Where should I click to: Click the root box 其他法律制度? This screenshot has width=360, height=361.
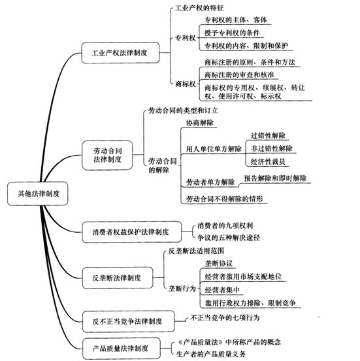coord(38,194)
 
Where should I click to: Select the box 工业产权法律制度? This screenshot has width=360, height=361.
coord(120,53)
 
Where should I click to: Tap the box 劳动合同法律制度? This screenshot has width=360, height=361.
coord(107,155)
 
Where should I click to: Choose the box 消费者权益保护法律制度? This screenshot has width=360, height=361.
coord(131,232)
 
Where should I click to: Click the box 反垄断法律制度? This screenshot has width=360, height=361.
coord(118,278)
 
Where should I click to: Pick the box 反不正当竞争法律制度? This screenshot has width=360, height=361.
coord(128,321)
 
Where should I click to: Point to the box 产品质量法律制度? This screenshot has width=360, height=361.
coord(122,349)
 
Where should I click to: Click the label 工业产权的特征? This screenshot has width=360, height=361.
coord(199,8)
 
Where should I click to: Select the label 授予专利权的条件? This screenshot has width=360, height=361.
coord(232,33)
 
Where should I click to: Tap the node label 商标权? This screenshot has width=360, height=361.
coord(186,84)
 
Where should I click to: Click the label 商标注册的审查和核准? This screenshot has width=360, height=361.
coord(239,75)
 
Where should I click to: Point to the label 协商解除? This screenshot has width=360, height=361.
coord(200,122)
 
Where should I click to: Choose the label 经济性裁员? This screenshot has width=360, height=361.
coord(268,162)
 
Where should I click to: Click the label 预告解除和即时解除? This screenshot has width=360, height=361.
coord(275,178)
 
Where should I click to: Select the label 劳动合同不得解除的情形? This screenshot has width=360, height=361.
coord(224,199)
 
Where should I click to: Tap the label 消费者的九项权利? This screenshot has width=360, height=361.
coord(225,226)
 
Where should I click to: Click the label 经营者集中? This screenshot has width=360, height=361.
coord(222,290)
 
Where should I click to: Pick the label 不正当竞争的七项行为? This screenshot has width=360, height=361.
coord(225,318)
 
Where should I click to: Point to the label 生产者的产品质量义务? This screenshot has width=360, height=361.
coord(211,354)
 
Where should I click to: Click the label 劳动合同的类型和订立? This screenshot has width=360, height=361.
coord(183,111)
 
